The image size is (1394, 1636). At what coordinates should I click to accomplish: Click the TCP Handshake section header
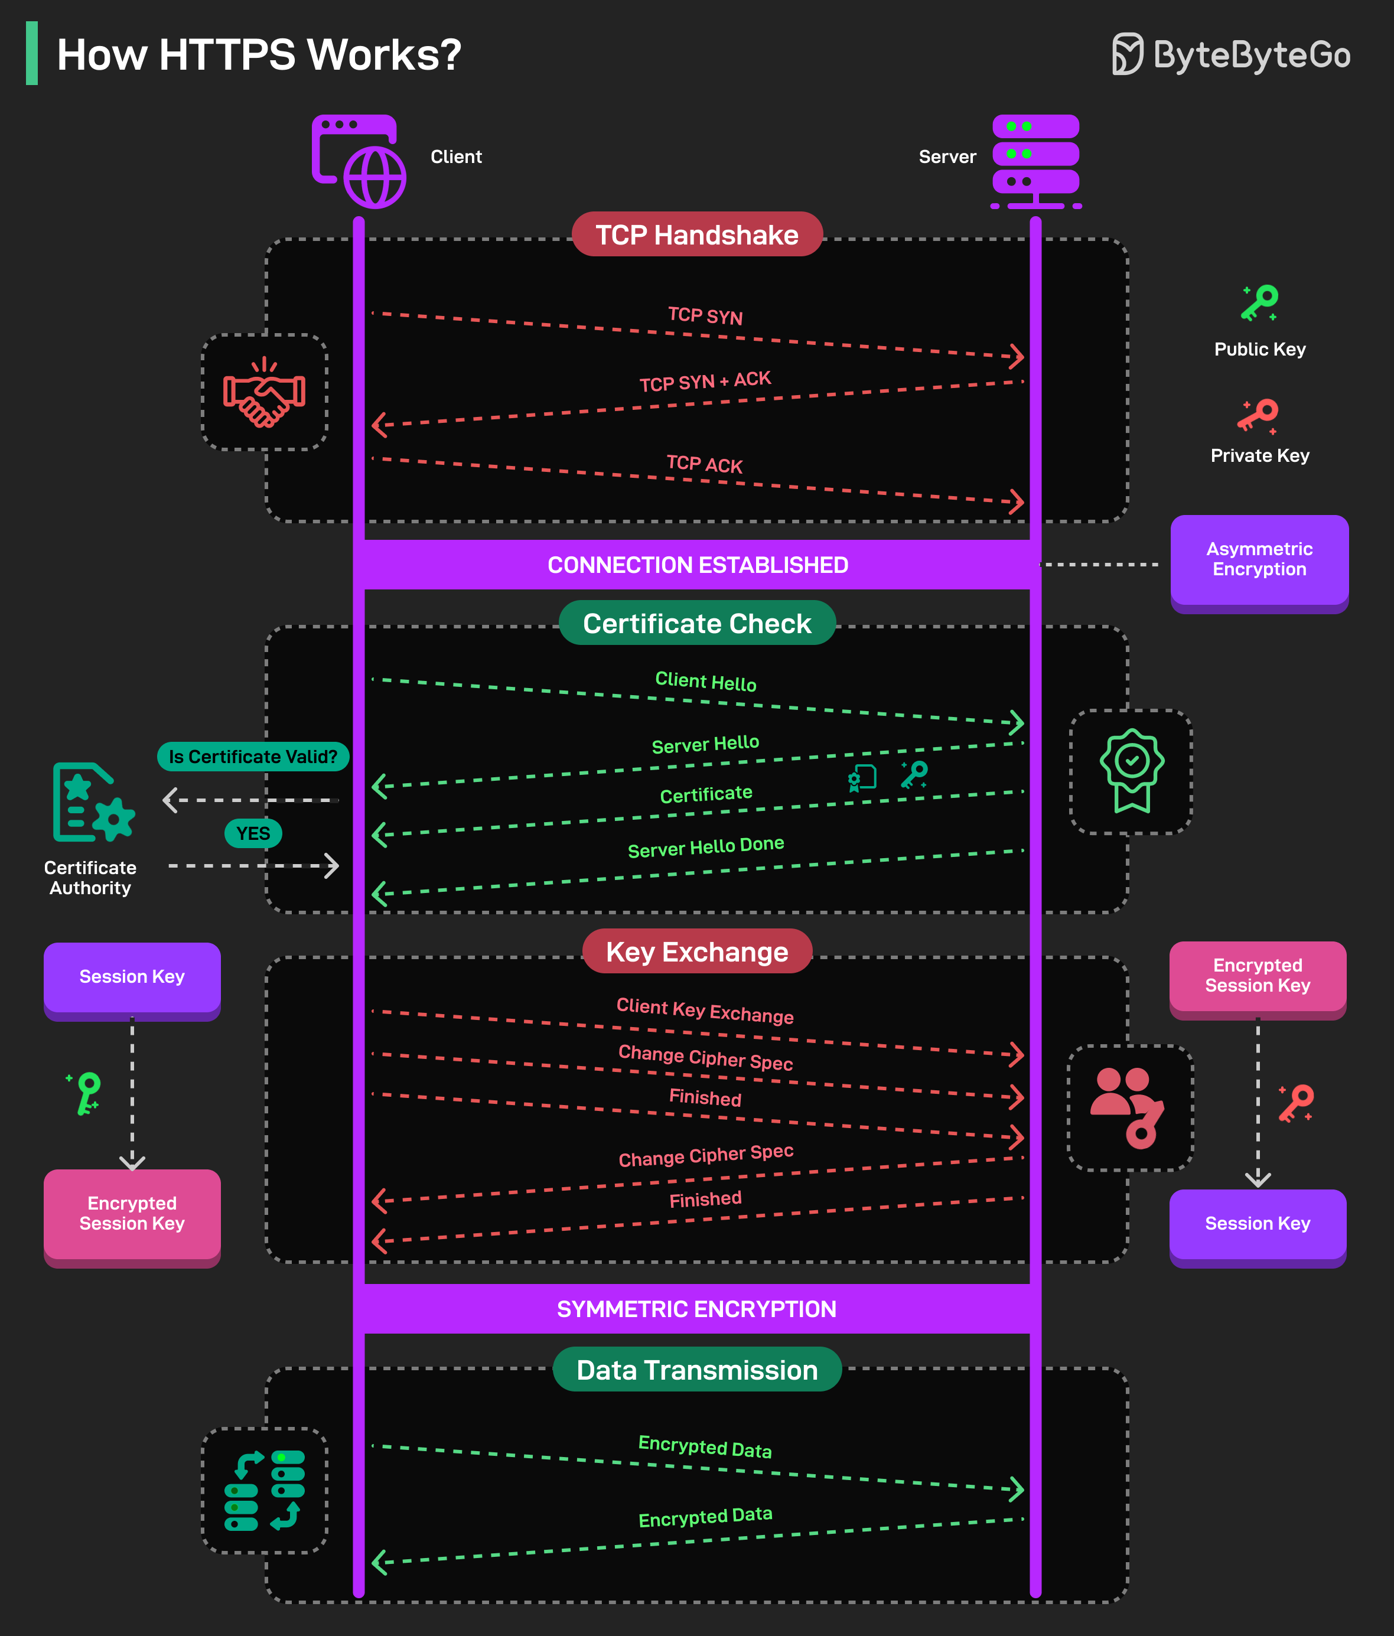coord(696,234)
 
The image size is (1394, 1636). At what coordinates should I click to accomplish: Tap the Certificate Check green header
coord(696,623)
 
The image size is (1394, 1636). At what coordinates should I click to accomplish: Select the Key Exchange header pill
coord(696,951)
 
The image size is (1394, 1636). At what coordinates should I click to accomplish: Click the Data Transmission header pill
coord(696,1370)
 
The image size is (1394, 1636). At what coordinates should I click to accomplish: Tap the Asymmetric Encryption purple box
coord(1259,560)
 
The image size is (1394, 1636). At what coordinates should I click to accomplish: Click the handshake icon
coord(265,392)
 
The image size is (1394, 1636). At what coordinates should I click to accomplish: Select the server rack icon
coord(1035,161)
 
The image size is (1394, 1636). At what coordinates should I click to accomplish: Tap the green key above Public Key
coord(1259,303)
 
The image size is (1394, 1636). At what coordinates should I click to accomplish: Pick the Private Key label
coord(1259,455)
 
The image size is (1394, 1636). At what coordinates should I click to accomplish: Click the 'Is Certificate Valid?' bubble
coord(253,757)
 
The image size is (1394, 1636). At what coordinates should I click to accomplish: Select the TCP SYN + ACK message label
coord(705,382)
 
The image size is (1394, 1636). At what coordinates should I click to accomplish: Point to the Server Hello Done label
coord(705,847)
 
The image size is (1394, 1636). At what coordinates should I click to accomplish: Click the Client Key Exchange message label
coord(705,1011)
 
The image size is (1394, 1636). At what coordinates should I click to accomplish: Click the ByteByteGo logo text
coord(1251,54)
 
